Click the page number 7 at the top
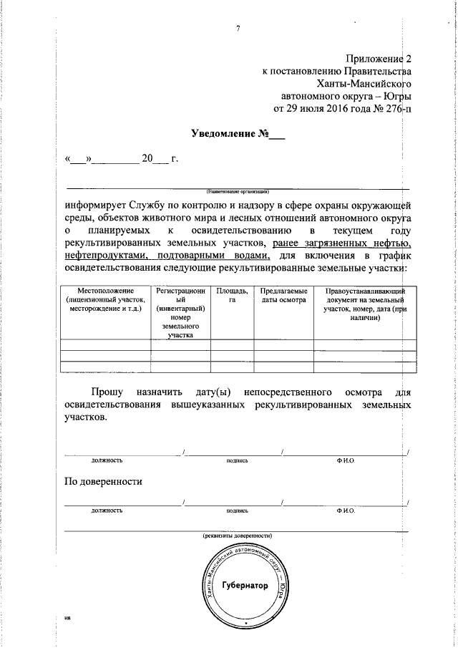click(238, 29)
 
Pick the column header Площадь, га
click(232, 295)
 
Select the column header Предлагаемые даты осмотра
click(284, 295)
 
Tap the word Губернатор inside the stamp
click(245, 585)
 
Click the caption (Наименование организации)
click(238, 192)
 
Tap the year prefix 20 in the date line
click(147, 159)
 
